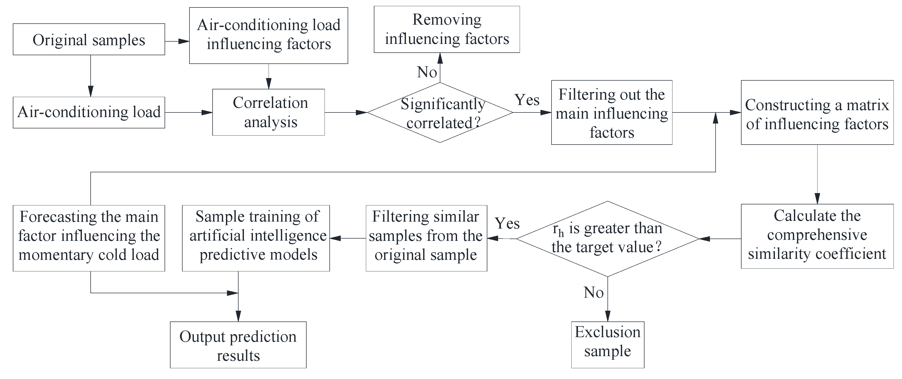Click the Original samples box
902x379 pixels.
(x=89, y=39)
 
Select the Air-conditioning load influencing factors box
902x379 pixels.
(x=269, y=35)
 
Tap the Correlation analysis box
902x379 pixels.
(x=269, y=112)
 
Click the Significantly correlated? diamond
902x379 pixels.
(x=440, y=112)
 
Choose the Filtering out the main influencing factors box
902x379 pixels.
(x=611, y=112)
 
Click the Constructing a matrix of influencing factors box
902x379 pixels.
(x=817, y=112)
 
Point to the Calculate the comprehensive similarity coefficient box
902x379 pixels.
(x=817, y=236)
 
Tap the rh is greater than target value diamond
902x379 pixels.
(x=607, y=239)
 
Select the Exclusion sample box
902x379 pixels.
(x=607, y=345)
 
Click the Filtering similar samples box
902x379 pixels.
(x=426, y=238)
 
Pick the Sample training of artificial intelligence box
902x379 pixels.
(x=256, y=238)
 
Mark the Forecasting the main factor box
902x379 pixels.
(x=89, y=238)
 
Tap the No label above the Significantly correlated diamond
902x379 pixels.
(x=427, y=72)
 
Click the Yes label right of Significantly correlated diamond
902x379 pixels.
(x=527, y=100)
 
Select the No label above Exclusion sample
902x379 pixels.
(x=594, y=292)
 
